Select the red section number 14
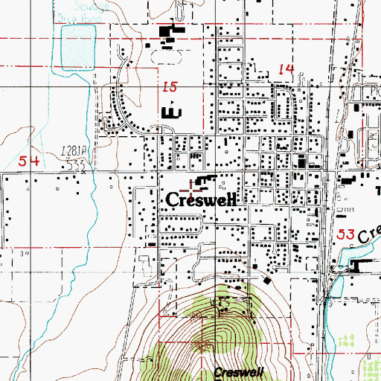[x=286, y=69]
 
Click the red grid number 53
[x=345, y=234]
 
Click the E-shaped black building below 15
[x=171, y=112]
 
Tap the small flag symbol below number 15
[x=171, y=98]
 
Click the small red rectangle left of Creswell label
[x=152, y=243]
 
